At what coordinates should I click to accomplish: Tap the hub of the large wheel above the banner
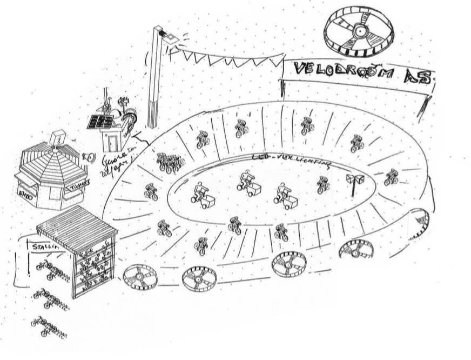[x=359, y=32]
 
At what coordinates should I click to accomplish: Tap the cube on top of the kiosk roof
[x=56, y=138]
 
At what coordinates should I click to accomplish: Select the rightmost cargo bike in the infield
[x=285, y=197]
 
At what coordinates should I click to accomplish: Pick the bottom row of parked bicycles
[x=49, y=327]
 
